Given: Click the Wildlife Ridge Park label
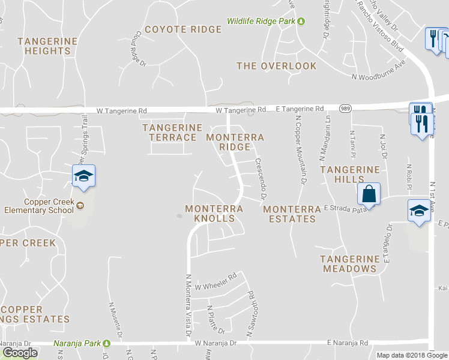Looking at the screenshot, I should (x=262, y=22).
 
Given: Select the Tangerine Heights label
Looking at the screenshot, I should (x=47, y=46).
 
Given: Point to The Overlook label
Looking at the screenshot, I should (x=276, y=66).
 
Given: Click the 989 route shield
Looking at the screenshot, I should (x=346, y=109).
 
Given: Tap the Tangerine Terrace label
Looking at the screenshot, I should (x=172, y=133).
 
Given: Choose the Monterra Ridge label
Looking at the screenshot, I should (x=235, y=142).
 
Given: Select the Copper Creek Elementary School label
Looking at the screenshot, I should (x=40, y=206).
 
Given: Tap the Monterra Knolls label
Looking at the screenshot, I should (x=214, y=214).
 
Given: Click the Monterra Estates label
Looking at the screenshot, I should (x=292, y=214).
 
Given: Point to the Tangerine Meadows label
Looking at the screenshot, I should (x=350, y=264).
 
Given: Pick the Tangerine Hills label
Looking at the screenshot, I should (x=350, y=175).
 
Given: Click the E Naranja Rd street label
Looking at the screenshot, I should (x=348, y=343).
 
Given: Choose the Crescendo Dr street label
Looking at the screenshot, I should (x=261, y=179).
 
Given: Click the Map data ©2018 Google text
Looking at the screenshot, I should (x=411, y=355).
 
